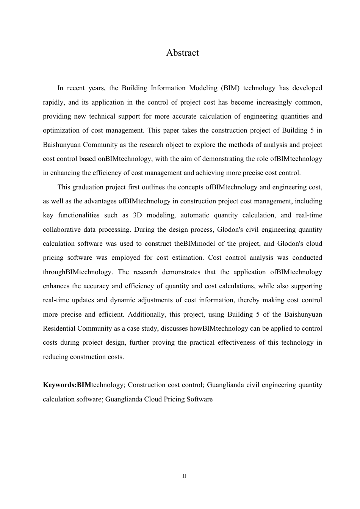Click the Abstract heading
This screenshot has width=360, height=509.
point(182,53)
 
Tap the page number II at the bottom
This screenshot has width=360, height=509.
point(184,476)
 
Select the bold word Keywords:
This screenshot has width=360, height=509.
point(60,385)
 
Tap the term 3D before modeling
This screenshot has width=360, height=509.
point(138,215)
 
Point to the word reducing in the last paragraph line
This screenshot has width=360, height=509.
point(55,357)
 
